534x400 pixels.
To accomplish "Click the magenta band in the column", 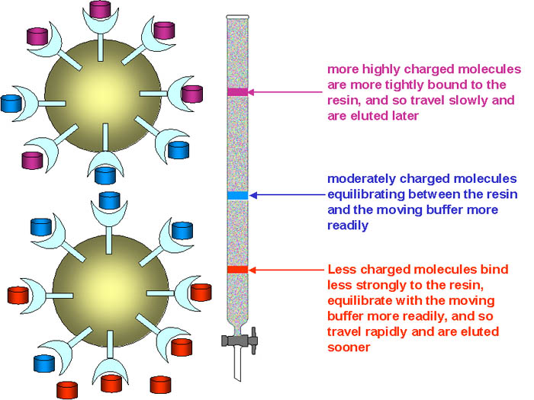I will [238, 92].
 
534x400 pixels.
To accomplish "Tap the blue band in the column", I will [238, 196].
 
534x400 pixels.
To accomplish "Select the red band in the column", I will [238, 270].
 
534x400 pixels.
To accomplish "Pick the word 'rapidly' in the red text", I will [381, 332].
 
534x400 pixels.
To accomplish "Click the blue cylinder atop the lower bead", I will [110, 201].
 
